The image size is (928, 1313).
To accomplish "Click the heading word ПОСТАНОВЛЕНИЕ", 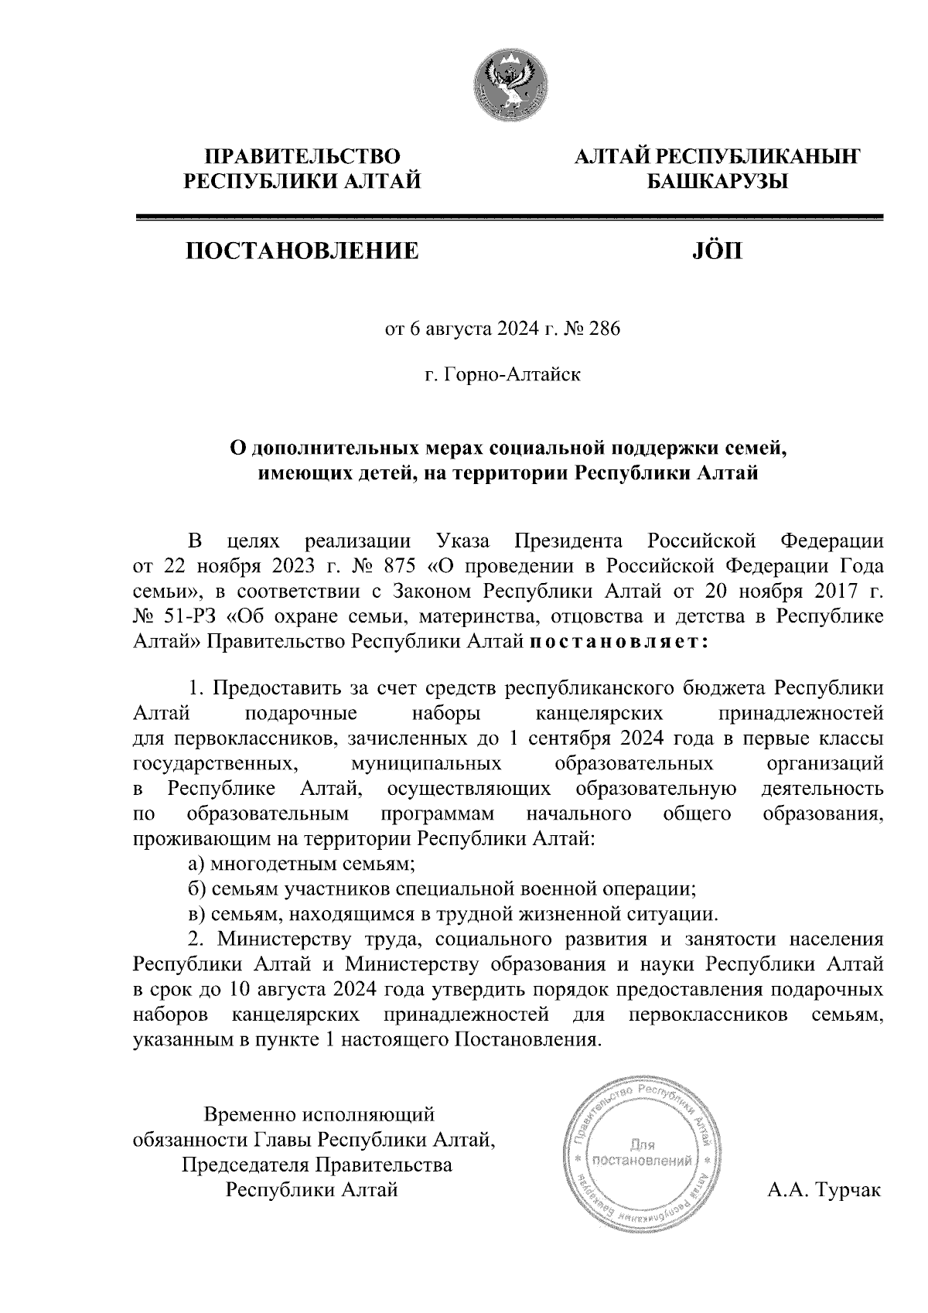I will (x=302, y=251).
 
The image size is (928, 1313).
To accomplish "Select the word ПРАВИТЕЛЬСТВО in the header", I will (x=302, y=157).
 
